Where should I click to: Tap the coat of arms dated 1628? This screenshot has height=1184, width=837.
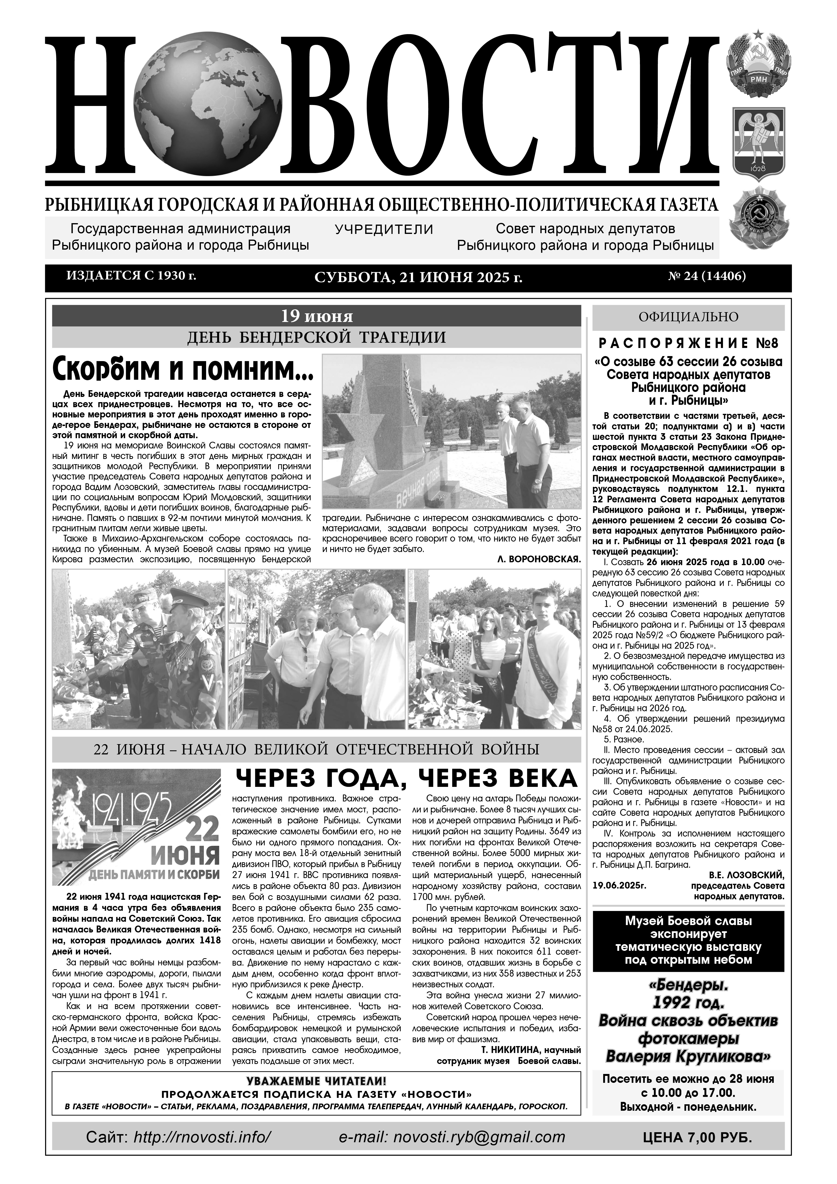(x=759, y=145)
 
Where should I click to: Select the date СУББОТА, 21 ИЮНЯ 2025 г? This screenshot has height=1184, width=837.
(x=418, y=278)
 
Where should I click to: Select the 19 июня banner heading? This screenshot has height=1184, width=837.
(x=316, y=315)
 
